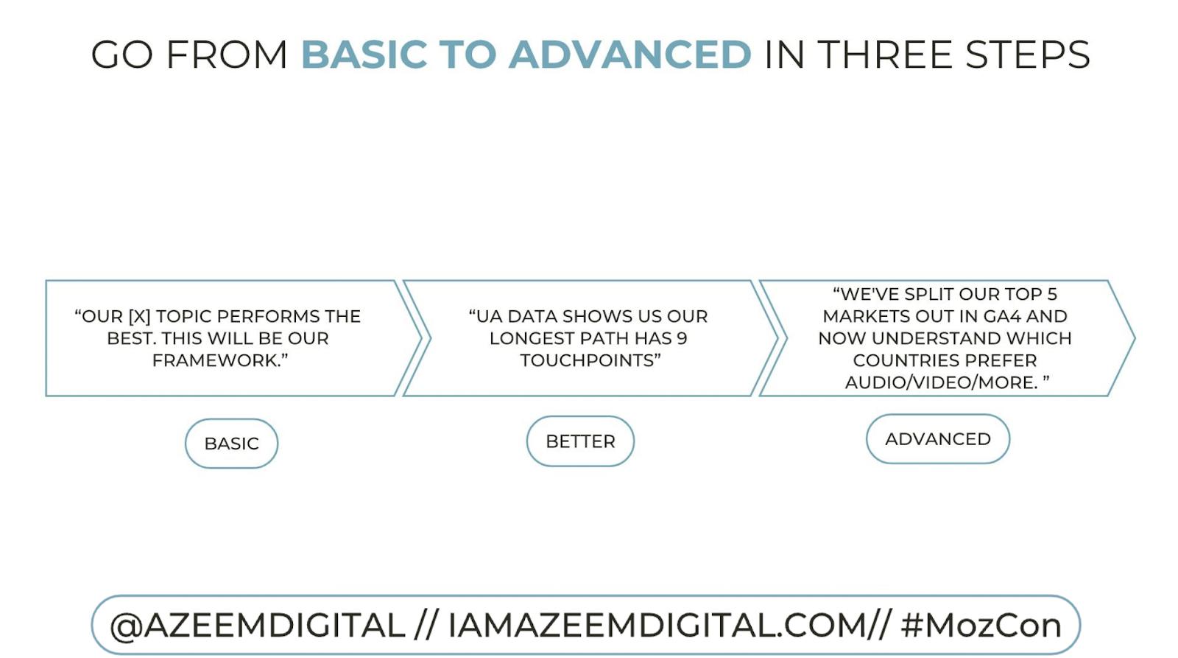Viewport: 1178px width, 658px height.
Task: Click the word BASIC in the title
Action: (x=364, y=55)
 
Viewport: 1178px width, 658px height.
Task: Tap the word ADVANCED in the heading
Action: (x=629, y=55)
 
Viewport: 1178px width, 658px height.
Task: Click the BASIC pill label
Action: (x=231, y=444)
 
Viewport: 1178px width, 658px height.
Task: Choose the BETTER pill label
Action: (x=580, y=441)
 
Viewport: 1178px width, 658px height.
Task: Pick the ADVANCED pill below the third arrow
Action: (x=937, y=439)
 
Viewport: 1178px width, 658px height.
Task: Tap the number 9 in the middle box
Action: (x=682, y=338)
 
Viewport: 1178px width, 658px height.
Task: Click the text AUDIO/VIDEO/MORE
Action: (x=941, y=382)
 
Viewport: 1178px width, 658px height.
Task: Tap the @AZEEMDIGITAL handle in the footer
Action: (x=257, y=626)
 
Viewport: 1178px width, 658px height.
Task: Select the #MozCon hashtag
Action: (x=981, y=626)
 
